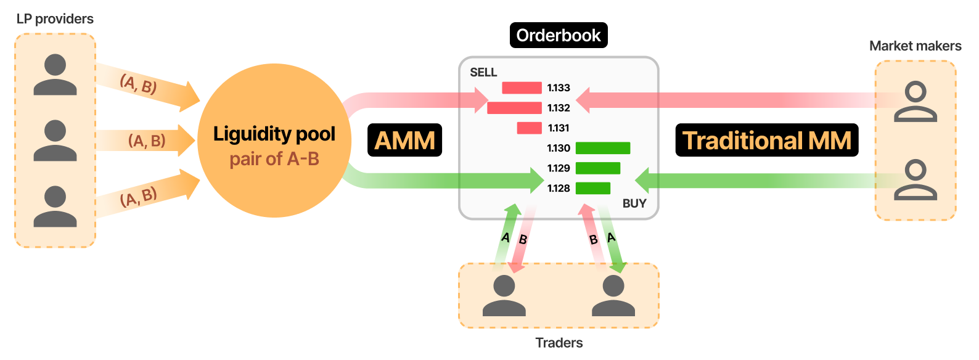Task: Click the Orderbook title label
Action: pos(559,35)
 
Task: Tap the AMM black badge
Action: pos(404,141)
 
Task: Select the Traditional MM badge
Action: pos(767,141)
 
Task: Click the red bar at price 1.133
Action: pos(522,88)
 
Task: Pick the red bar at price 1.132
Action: pos(514,108)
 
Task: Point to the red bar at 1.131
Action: pos(530,128)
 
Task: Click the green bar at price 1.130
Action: pos(603,148)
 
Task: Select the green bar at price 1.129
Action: pos(598,168)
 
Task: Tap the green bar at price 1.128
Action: pos(593,188)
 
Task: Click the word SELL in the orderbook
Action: pos(483,72)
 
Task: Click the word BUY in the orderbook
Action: pos(634,203)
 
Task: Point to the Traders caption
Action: pos(559,343)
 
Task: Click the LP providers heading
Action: pos(55,18)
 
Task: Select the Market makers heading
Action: pos(915,46)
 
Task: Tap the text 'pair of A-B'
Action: pos(274,159)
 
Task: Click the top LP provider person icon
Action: pos(55,74)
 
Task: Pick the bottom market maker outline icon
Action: pos(916,180)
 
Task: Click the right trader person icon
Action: pos(613,295)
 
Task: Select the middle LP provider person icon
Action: pos(55,141)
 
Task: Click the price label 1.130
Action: pos(559,148)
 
